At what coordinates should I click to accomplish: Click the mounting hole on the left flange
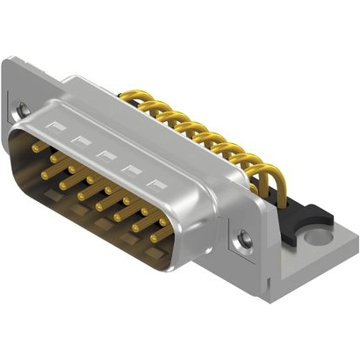23,110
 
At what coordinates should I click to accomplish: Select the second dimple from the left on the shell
82,141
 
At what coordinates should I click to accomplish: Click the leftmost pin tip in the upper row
36,148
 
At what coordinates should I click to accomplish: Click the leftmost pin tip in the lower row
44,174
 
